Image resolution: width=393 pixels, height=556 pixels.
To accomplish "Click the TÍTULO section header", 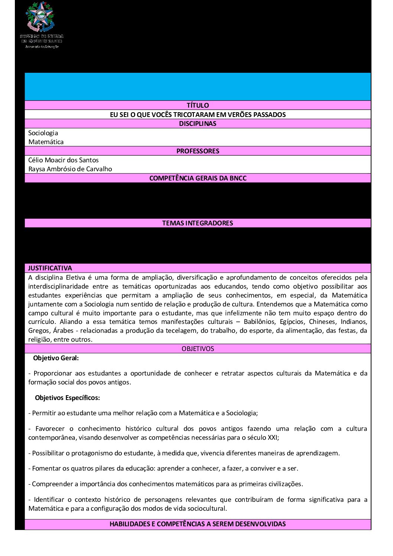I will (198, 105).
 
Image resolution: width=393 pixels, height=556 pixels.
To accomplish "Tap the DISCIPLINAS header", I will (198, 124).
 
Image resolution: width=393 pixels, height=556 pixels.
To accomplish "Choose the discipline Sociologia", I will (43, 133).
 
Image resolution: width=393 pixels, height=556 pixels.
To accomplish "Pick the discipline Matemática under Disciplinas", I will (46, 142).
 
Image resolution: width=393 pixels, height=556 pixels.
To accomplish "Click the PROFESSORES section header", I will (198, 151).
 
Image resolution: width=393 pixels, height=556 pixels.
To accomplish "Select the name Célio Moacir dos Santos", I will (64, 160).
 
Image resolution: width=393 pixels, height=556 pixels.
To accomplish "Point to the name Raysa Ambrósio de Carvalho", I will (70, 169).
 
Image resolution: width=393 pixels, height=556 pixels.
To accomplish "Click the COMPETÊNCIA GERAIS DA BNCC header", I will (198, 178).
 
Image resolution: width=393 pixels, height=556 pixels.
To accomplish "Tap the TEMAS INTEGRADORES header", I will (198, 223).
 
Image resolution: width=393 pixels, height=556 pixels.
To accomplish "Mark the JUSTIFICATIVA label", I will (50, 268).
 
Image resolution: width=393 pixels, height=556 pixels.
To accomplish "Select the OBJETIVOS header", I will (198, 349).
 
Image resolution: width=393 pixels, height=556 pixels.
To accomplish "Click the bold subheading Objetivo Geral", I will (56, 358).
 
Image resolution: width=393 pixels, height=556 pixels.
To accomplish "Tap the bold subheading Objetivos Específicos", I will (67, 398).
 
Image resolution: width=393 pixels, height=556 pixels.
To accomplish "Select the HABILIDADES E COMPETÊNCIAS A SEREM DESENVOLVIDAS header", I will (198, 524).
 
